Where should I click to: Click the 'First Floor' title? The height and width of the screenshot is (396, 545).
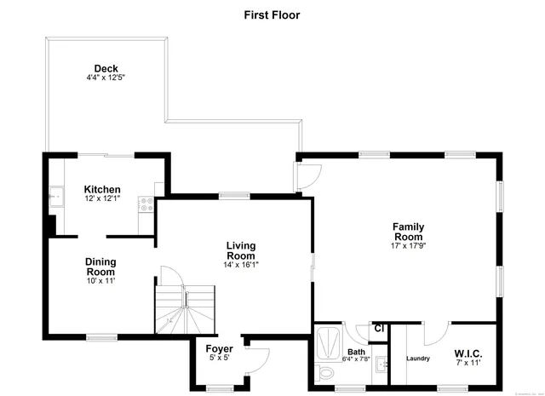[x=272, y=14]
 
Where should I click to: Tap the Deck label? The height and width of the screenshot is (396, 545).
[x=106, y=69]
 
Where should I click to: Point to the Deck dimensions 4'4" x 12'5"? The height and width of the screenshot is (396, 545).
[x=106, y=78]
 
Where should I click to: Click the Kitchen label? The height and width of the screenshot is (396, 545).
[x=102, y=189]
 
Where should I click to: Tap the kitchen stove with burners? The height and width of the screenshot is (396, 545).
[x=147, y=204]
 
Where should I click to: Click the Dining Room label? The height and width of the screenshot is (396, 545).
[x=100, y=267]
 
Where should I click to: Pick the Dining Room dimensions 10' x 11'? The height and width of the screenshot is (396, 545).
[x=100, y=280]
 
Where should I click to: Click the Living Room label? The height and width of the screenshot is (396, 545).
[x=240, y=250]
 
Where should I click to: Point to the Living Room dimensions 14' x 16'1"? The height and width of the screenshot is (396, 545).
[x=240, y=264]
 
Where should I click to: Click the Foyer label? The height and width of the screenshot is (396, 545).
[x=219, y=349]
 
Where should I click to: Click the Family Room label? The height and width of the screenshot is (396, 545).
[x=408, y=232]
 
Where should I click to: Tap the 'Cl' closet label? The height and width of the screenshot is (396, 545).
[x=380, y=329]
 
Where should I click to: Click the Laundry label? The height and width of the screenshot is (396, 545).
[x=418, y=359]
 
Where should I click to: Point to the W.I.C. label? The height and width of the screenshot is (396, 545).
[x=469, y=353]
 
